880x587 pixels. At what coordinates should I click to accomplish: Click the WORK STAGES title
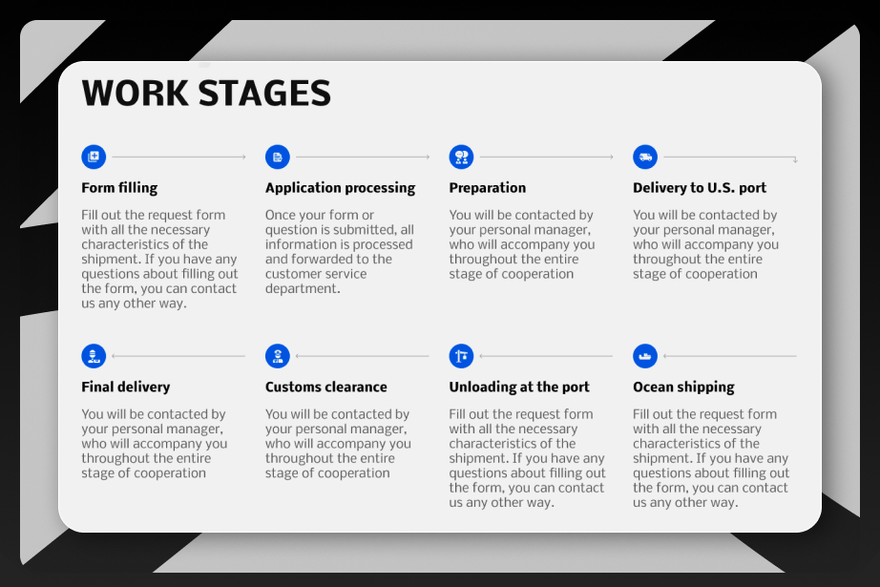tap(206, 94)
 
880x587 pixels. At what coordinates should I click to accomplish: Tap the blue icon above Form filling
tap(94, 157)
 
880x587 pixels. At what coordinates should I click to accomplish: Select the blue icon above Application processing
tap(278, 157)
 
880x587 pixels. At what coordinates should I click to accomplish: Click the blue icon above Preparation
tap(461, 157)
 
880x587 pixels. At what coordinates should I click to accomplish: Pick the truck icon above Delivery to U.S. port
tap(645, 157)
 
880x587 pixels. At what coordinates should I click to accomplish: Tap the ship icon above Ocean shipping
tap(645, 356)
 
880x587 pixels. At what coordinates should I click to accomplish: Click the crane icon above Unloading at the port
tap(461, 356)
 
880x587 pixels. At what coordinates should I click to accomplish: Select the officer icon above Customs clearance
tap(278, 356)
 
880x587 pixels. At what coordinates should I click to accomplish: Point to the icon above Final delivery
tap(94, 356)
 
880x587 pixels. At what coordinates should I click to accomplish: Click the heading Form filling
tap(119, 188)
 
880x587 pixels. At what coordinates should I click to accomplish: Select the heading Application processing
tap(341, 188)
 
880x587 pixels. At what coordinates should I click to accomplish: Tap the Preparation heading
tap(488, 188)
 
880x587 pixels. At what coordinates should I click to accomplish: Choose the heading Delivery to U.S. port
tap(700, 188)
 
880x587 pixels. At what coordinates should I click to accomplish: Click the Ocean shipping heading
tap(683, 388)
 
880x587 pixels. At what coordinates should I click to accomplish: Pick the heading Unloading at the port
tap(519, 388)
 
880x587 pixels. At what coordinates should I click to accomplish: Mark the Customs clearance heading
tap(326, 388)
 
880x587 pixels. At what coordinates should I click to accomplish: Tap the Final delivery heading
tap(126, 388)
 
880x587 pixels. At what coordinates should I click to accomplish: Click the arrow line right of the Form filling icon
tap(179, 157)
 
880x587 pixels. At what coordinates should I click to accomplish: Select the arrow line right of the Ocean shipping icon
tap(729, 356)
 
